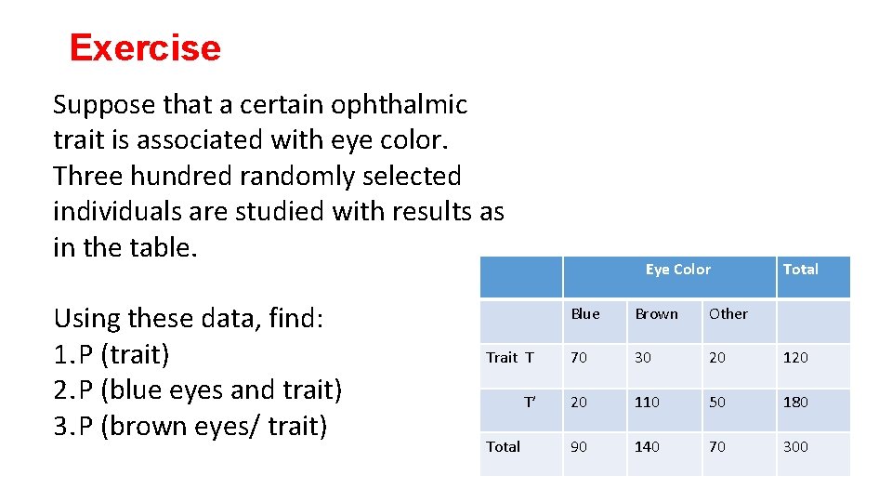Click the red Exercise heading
[145, 47]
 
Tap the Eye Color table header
[677, 270]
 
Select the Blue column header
[585, 314]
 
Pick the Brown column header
[656, 314]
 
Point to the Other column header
[728, 314]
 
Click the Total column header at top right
[800, 270]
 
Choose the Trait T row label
[510, 358]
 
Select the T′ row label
[530, 403]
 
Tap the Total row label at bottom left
[504, 447]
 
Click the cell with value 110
[647, 403]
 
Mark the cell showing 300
[795, 447]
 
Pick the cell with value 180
[795, 403]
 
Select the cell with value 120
[795, 358]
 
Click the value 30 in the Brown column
[643, 358]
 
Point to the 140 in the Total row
[647, 447]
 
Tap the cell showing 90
[579, 447]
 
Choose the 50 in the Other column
[717, 403]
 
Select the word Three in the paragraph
[92, 176]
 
